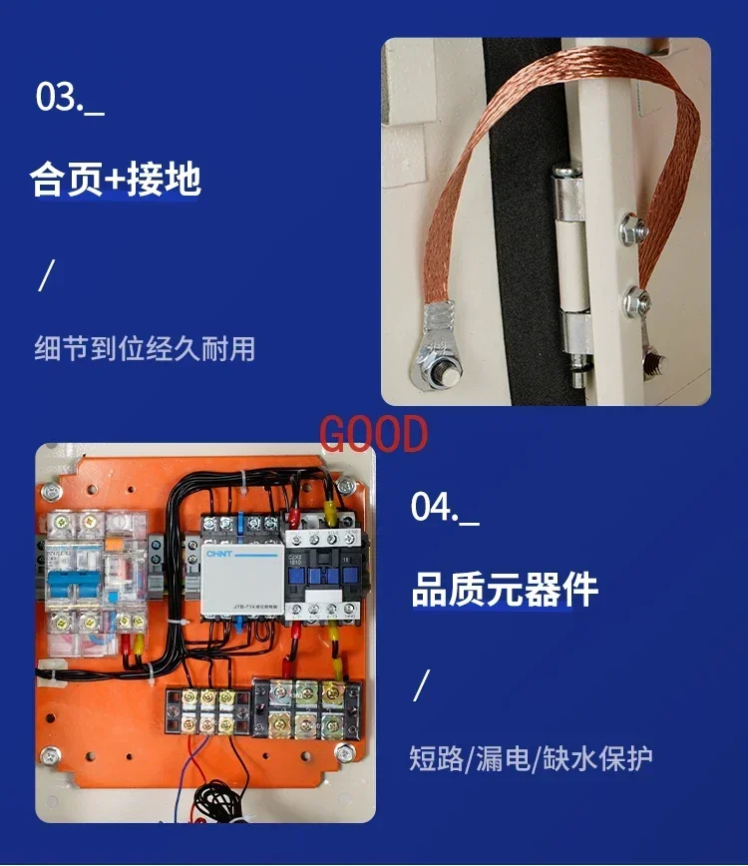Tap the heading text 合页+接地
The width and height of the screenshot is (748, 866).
pos(116,180)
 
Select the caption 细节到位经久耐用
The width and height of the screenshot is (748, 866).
pos(145,348)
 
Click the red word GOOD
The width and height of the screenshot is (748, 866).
pos(373,435)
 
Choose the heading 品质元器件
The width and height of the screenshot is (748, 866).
pos(505,589)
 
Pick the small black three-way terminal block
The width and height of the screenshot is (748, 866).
pos(208,708)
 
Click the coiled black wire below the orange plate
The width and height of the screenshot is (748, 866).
pos(220,797)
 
